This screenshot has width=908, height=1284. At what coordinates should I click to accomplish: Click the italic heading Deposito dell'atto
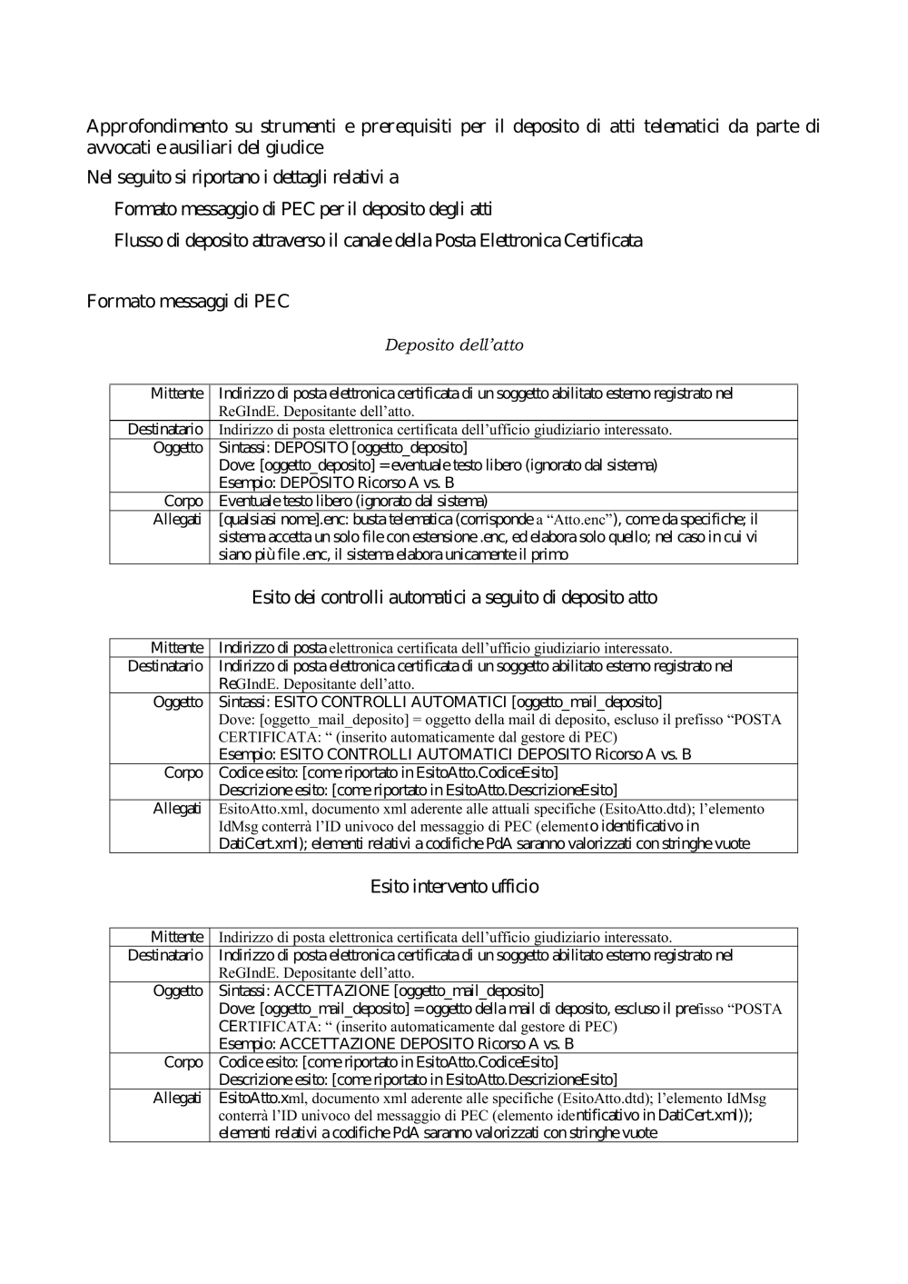tap(454, 345)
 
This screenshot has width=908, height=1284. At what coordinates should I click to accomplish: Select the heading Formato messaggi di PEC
tap(188, 302)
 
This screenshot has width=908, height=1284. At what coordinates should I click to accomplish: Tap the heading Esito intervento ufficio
tap(454, 886)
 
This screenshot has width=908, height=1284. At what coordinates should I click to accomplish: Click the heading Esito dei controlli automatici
tap(454, 598)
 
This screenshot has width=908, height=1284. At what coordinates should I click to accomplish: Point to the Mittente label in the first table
tap(177, 393)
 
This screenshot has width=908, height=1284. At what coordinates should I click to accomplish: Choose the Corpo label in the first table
tap(183, 501)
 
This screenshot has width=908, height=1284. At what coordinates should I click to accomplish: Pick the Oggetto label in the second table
tap(178, 702)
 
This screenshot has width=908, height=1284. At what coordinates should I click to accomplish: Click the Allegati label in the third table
tap(177, 1098)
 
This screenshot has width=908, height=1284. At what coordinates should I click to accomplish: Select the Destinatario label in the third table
tap(165, 955)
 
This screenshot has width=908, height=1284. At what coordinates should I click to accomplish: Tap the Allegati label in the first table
tap(177, 519)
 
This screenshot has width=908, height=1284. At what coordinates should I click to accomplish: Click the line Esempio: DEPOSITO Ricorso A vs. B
tap(336, 483)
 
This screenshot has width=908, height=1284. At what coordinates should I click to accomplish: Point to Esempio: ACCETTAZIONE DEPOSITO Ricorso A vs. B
tap(396, 1044)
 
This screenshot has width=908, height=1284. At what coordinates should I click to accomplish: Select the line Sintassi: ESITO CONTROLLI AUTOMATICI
tap(440, 702)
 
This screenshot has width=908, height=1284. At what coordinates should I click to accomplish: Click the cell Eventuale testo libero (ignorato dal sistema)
tap(353, 501)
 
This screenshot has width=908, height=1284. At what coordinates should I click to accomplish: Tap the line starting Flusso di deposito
tap(378, 241)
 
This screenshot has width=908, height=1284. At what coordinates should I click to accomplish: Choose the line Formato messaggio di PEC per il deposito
tap(303, 210)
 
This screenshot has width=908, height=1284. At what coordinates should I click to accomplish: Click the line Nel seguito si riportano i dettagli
tap(242, 176)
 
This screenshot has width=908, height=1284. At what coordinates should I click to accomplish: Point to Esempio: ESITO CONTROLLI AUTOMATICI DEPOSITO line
tap(455, 754)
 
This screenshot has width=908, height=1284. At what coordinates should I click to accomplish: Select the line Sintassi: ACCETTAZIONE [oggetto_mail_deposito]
tap(381, 990)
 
